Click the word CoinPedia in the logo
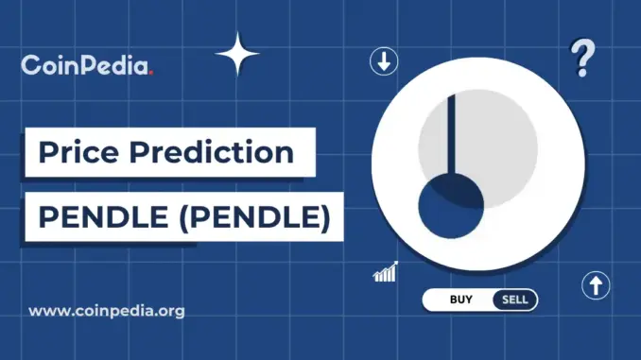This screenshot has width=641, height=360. pyautogui.click(x=86, y=66)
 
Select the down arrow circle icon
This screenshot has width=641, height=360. pyautogui.click(x=383, y=63)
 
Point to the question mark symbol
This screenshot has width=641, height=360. pyautogui.click(x=583, y=59)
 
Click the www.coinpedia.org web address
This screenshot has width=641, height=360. pyautogui.click(x=107, y=309)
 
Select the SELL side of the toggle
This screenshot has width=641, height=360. pyautogui.click(x=514, y=300)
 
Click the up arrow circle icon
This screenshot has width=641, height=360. pyautogui.click(x=596, y=286)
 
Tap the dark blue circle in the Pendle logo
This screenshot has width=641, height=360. pyautogui.click(x=451, y=211)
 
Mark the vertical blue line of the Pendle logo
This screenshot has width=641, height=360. pyautogui.click(x=451, y=132)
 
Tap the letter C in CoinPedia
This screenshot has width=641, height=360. pyautogui.click(x=29, y=67)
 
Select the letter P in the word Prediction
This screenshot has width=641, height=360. pyautogui.click(x=147, y=151)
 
